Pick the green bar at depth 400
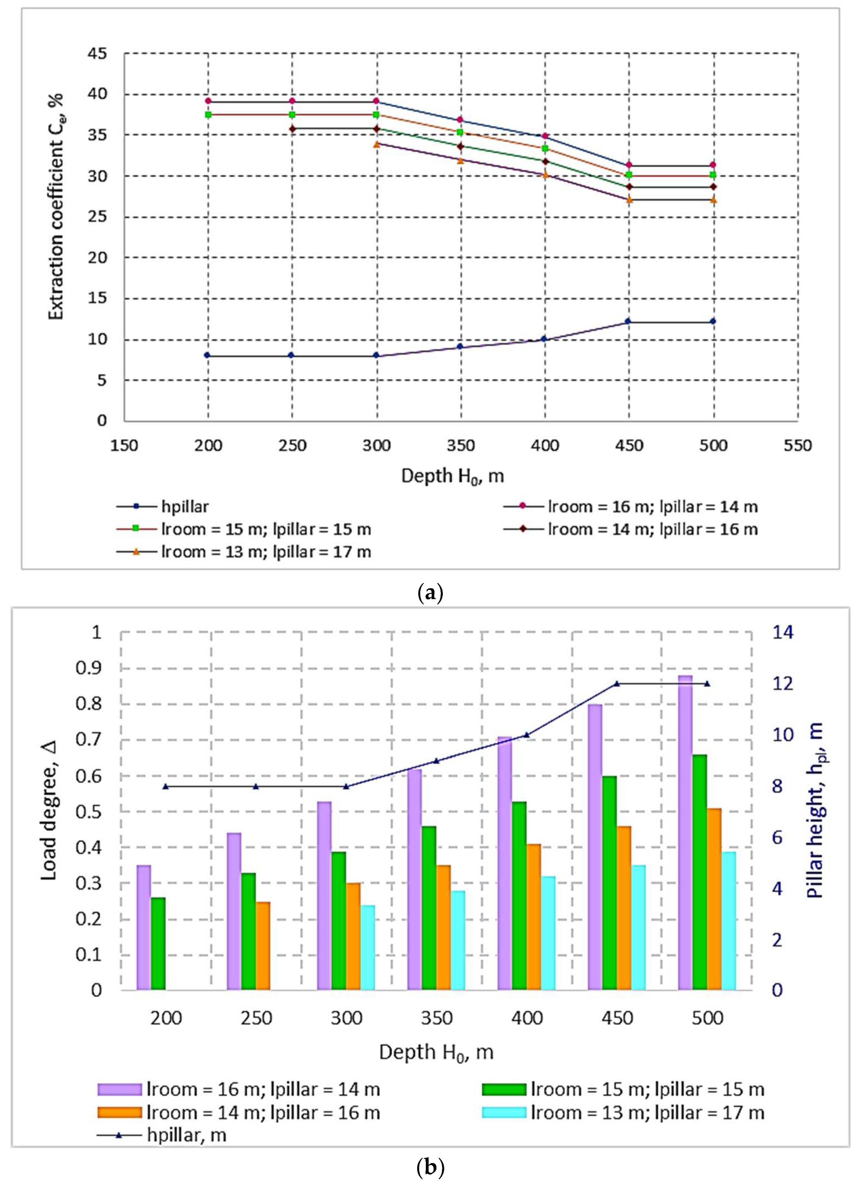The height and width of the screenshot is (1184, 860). [x=519, y=895]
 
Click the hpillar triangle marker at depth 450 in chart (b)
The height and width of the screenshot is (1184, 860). [x=616, y=683]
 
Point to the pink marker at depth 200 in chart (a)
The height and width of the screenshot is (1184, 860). [x=208, y=101]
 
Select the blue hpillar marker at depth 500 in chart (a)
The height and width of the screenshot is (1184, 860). [x=713, y=321]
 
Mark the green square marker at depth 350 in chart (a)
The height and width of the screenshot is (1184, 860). [x=460, y=132]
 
